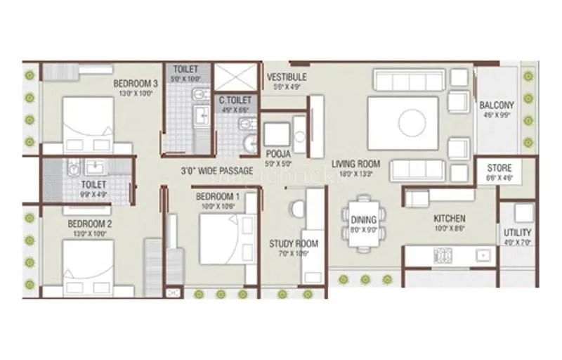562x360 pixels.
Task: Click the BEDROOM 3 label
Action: click(136, 84)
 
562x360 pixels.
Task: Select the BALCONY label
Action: click(497, 106)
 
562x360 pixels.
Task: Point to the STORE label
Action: click(499, 169)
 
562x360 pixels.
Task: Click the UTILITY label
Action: click(517, 233)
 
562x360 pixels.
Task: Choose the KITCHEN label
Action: click(449, 219)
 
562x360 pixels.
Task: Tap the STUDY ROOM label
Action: click(294, 244)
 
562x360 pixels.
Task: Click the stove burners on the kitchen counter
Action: click(444, 255)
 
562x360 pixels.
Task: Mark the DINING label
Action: click(363, 219)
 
